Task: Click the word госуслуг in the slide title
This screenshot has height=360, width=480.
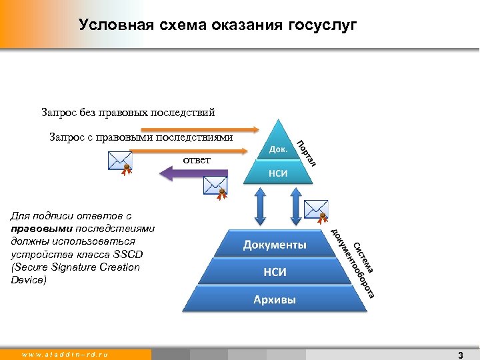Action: click(x=323, y=25)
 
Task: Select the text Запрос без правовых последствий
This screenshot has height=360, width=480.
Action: click(x=128, y=112)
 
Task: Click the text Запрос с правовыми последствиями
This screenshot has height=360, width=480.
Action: click(x=141, y=137)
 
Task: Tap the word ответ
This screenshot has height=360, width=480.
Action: click(x=197, y=160)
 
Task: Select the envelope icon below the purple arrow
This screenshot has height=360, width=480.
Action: click(x=215, y=186)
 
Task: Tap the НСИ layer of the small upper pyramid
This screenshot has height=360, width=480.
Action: click(x=278, y=173)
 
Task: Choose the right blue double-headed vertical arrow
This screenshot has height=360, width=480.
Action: click(x=295, y=206)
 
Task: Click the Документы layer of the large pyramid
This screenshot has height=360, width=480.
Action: click(x=275, y=245)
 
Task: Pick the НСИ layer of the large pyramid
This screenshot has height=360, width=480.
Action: click(x=275, y=272)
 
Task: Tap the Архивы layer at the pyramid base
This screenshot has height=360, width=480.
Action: click(x=275, y=299)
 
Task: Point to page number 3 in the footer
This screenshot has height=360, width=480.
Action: click(x=460, y=355)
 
